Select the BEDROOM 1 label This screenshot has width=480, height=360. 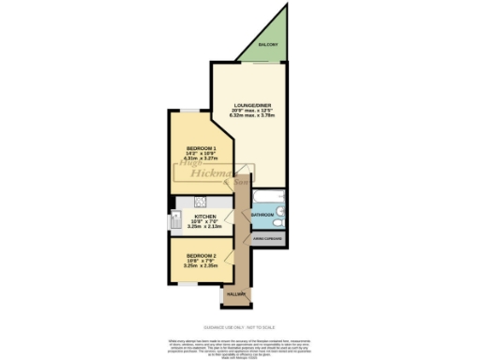[x=202, y=149]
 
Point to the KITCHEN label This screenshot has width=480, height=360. [x=205, y=216]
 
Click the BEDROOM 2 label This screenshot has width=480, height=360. [x=201, y=256]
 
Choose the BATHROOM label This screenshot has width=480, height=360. [x=262, y=215]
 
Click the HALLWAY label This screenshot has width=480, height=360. [x=234, y=294]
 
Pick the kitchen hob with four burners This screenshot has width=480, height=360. [x=200, y=202]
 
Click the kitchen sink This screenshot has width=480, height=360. [x=175, y=220]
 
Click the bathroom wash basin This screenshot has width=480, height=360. [x=281, y=212]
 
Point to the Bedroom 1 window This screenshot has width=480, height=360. [x=190, y=111]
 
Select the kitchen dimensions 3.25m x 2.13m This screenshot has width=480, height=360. [x=205, y=227]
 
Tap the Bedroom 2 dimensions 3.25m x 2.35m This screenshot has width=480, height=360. [x=201, y=267]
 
